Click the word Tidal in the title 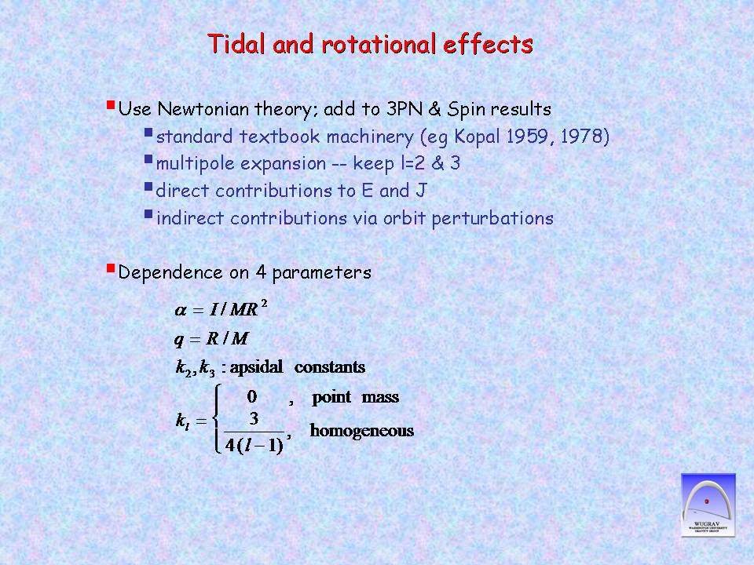click(x=236, y=44)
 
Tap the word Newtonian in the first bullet click(x=203, y=109)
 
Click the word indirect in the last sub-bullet click(x=190, y=218)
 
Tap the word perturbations click(x=492, y=219)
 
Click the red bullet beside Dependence click(x=111, y=268)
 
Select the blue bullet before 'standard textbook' click(x=148, y=132)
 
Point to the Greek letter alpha click(x=181, y=311)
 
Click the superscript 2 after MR click(x=264, y=304)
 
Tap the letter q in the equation click(x=179, y=340)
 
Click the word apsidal click(x=256, y=367)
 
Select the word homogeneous click(x=361, y=431)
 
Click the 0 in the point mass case click(x=252, y=397)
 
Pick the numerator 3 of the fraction click(x=254, y=418)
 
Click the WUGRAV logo click(x=708, y=505)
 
